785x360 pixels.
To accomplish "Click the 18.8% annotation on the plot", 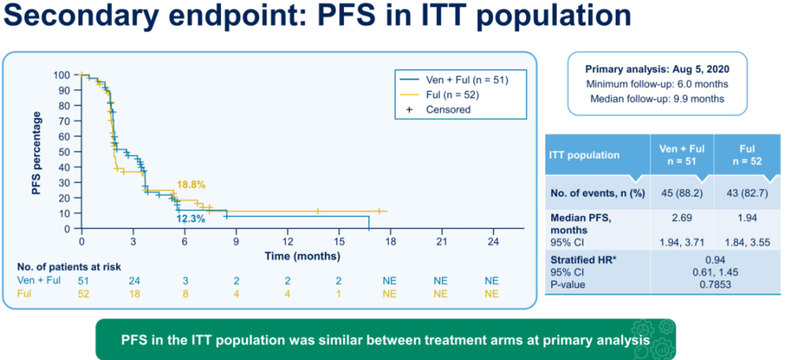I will tap(188, 185).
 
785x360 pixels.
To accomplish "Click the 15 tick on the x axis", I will tap(339, 241).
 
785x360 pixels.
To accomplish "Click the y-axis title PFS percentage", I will tap(36, 152).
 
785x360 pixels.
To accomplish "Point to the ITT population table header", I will tap(585, 155).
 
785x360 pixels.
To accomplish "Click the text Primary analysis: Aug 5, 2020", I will tap(657, 70).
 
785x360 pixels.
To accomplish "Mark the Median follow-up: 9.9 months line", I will tap(657, 99).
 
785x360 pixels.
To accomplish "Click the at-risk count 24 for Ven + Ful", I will tap(133, 280).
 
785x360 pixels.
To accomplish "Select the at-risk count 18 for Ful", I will tap(133, 294).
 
